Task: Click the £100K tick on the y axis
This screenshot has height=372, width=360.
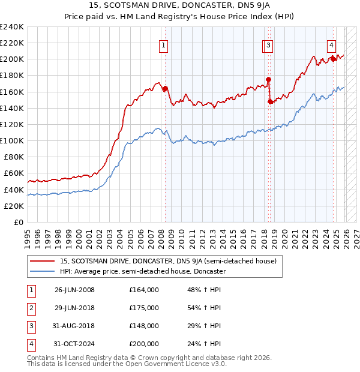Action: (12, 140)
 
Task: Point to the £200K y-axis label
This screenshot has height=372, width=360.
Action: (12, 59)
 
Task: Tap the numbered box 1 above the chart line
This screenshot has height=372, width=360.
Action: (163, 44)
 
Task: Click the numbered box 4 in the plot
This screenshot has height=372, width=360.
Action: (331, 44)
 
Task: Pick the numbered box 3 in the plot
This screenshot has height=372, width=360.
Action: (269, 44)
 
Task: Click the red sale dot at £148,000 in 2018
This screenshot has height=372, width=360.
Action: (270, 101)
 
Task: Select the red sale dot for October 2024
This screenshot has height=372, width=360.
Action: (333, 59)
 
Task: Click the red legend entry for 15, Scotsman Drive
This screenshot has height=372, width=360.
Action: (168, 261)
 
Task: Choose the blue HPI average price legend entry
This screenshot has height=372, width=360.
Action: (143, 271)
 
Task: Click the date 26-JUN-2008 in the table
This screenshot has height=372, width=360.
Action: (74, 290)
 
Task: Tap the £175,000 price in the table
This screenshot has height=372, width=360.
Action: (144, 308)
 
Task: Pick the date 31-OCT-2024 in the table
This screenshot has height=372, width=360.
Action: (74, 344)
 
